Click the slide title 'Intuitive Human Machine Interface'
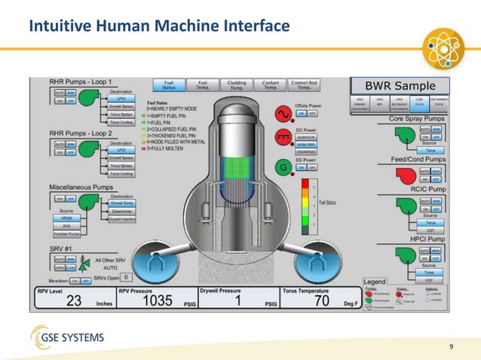pyautogui.click(x=159, y=27)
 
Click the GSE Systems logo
pyautogui.click(x=67, y=337)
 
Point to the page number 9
pyautogui.click(x=451, y=346)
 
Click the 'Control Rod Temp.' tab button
pyautogui.click(x=304, y=86)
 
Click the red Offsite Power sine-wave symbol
pyautogui.click(x=284, y=113)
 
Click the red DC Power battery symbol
pyautogui.click(x=284, y=140)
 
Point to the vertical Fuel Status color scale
pyautogui.click(x=305, y=203)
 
